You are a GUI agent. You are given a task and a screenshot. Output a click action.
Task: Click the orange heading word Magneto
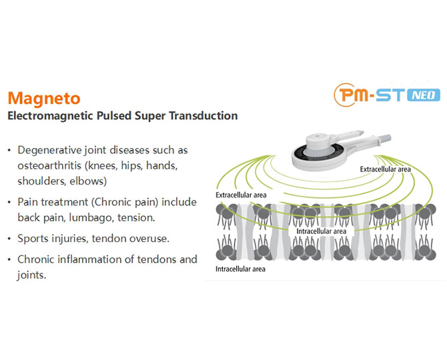[44, 99]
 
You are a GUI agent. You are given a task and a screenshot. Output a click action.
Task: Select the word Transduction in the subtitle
[203, 115]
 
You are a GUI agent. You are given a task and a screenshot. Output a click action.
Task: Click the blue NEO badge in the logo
[424, 95]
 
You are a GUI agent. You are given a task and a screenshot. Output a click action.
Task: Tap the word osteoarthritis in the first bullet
[49, 165]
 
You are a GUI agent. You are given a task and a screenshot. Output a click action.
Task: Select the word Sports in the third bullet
[33, 239]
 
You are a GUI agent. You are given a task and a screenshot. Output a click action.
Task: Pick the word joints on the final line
[31, 275]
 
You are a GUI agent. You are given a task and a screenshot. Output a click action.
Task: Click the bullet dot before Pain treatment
[9, 203]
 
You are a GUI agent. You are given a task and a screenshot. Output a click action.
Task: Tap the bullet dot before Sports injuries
[9, 239]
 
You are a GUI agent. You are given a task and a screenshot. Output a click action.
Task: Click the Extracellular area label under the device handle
[385, 169]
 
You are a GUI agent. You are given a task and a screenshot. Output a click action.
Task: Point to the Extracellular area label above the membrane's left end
[241, 195]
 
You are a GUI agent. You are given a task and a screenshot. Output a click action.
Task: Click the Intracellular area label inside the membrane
[322, 231]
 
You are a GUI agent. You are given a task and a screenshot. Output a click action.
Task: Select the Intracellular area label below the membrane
[240, 269]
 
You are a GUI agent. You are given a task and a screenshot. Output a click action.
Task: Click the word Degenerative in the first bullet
[49, 151]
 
